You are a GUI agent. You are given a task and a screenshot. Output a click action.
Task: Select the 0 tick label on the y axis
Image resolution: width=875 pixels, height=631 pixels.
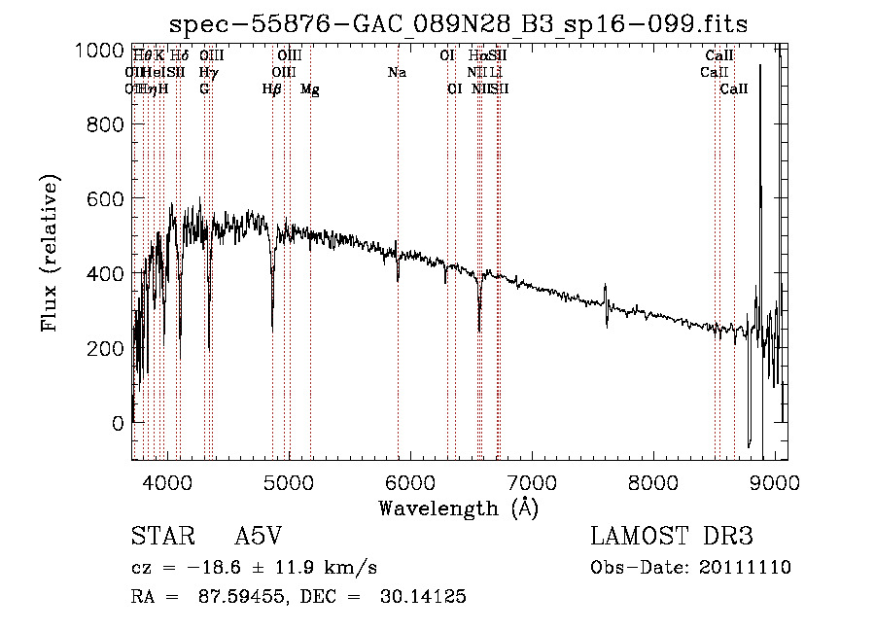click(x=118, y=423)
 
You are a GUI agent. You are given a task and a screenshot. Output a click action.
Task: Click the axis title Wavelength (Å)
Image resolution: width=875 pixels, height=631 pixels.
click(x=458, y=508)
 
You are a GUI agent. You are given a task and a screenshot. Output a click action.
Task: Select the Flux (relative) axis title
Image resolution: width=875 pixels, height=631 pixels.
click(x=50, y=253)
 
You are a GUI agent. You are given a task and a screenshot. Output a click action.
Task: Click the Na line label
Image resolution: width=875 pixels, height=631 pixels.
click(x=397, y=73)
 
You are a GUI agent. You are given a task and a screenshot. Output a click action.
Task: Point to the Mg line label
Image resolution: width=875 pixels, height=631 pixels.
click(x=310, y=89)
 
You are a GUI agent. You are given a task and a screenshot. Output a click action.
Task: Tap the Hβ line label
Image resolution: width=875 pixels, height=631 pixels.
click(x=272, y=89)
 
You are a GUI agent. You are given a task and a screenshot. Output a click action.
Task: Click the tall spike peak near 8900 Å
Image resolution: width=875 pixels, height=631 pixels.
click(x=759, y=66)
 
